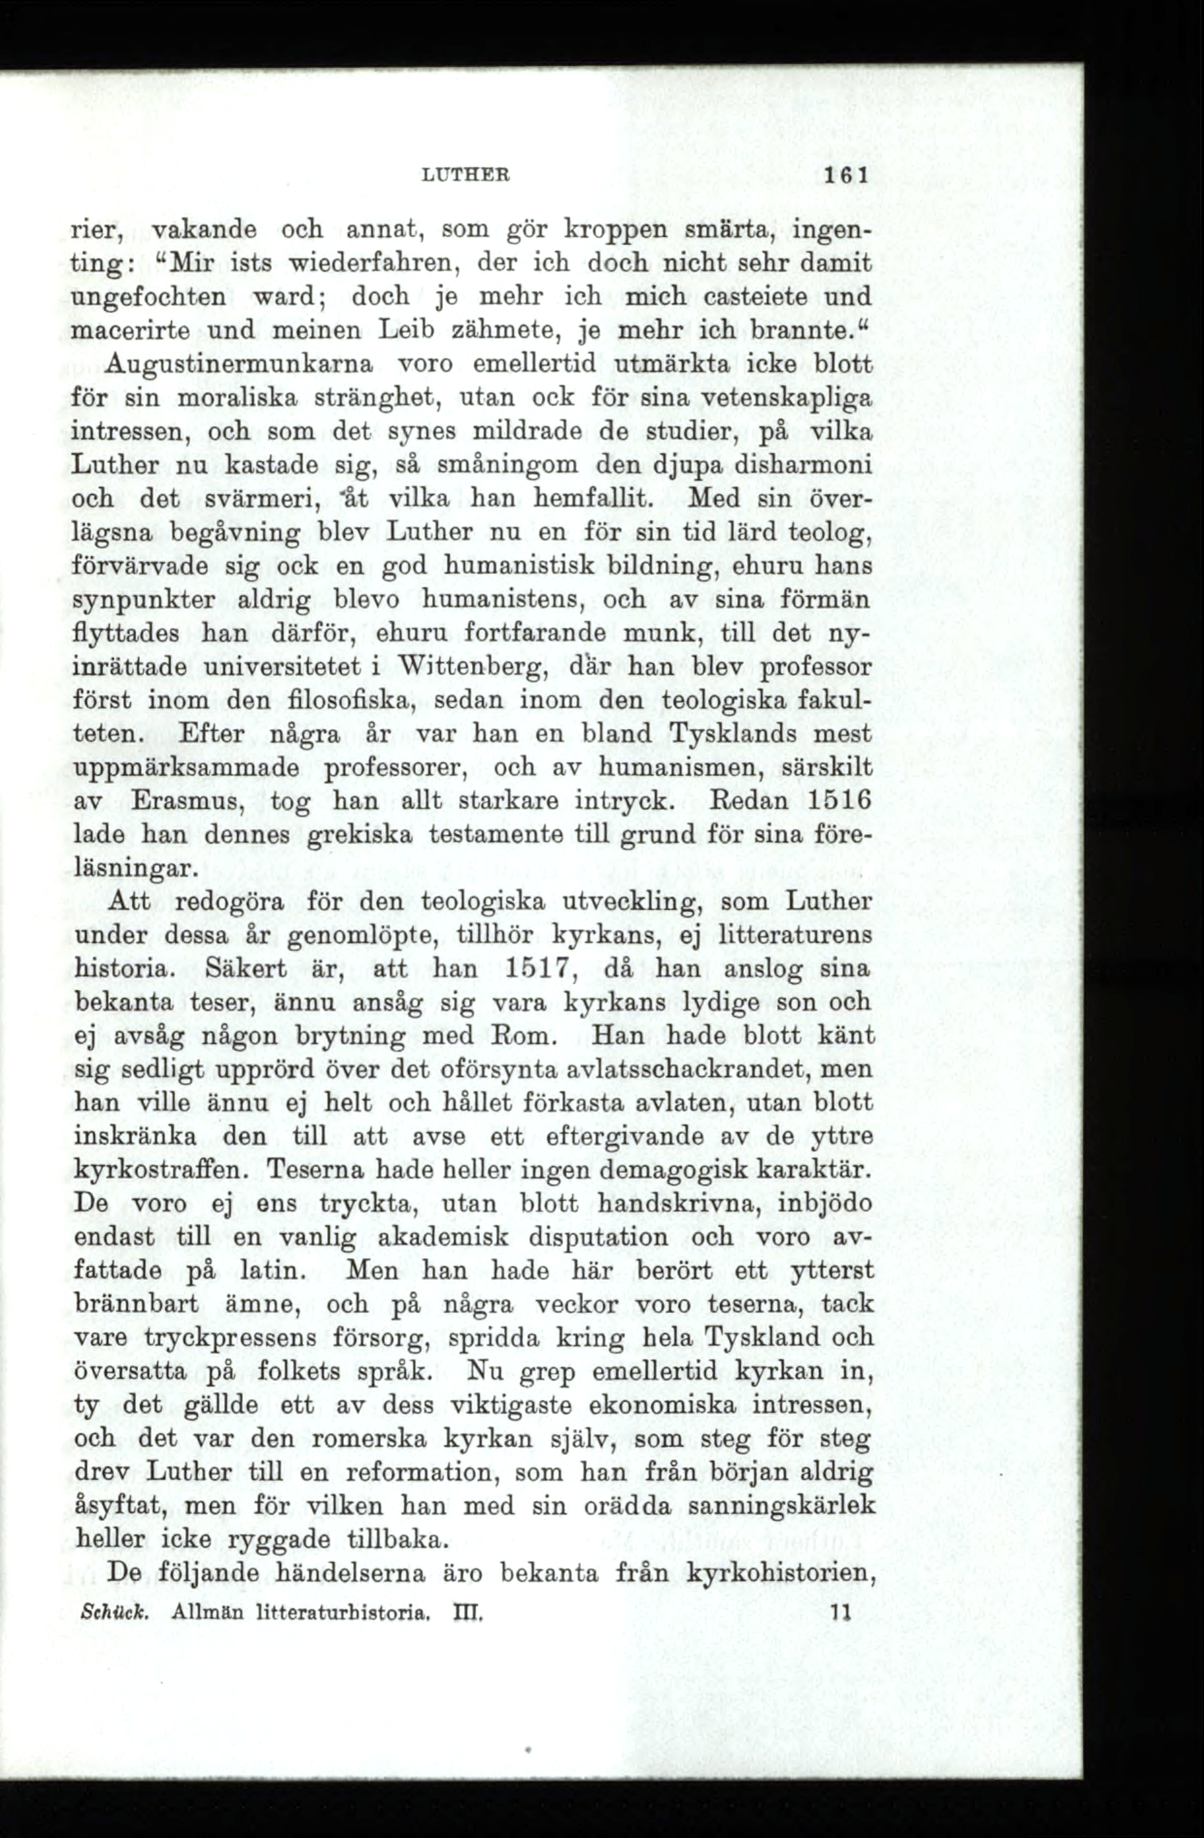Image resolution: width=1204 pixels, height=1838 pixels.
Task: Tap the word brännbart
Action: tap(137, 1305)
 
